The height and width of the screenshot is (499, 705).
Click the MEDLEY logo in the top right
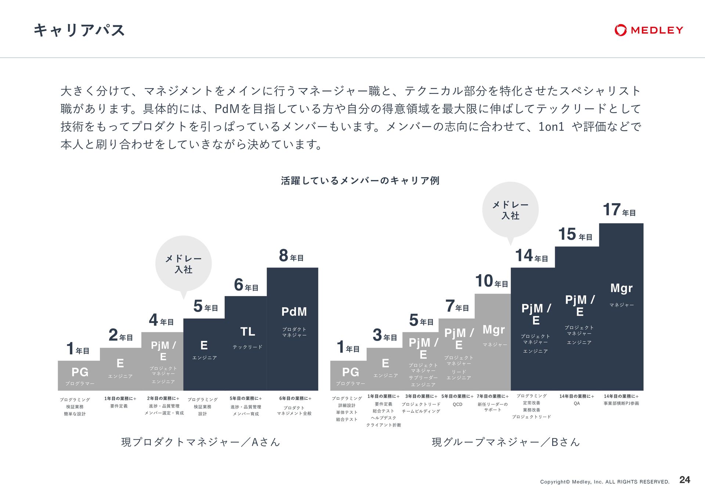[648, 30]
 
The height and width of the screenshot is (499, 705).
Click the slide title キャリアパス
[79, 30]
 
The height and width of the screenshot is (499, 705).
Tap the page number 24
[684, 480]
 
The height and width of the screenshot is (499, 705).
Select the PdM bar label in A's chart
[294, 312]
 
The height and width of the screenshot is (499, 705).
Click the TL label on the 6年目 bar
[247, 331]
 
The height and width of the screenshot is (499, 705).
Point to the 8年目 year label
[291, 256]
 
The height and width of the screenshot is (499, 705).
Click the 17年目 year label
[619, 210]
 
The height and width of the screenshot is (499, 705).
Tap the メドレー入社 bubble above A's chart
[184, 264]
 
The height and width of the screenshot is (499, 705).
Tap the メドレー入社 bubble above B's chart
[510, 210]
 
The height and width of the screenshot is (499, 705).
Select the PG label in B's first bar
[350, 372]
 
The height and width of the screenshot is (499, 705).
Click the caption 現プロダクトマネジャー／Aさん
[200, 442]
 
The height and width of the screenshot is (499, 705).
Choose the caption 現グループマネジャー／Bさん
[506, 442]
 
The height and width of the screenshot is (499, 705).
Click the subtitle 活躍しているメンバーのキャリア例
[360, 180]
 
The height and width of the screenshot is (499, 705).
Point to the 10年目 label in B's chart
[491, 281]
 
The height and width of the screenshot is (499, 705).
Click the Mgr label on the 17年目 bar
[621, 288]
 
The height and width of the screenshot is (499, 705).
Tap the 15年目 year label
[575, 235]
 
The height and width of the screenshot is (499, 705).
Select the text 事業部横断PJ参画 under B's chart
[621, 403]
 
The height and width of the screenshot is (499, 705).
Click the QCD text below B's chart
[458, 404]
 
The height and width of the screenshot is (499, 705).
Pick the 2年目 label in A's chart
[120, 335]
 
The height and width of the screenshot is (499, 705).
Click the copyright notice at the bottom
[604, 482]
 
